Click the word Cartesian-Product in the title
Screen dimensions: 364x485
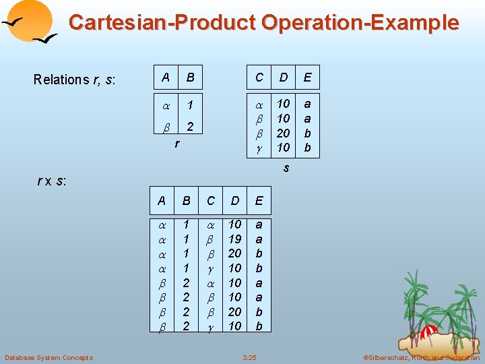pos(162,22)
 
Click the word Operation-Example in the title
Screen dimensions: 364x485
pos(360,22)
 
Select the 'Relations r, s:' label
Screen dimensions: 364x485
pos(75,80)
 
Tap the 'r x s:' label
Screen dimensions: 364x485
pos(51,181)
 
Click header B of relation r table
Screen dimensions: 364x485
pos(190,78)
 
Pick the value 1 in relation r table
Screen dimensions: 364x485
pos(191,105)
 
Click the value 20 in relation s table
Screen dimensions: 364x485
pos(283,133)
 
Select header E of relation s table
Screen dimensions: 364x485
pos(308,78)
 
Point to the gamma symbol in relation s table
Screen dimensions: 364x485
pos(259,148)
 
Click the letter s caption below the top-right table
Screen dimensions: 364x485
pos(286,167)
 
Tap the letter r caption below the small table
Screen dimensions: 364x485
pos(176,143)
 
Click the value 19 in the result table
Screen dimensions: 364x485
pos(234,239)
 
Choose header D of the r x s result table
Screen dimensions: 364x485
pos(234,201)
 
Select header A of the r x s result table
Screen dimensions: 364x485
pos(162,201)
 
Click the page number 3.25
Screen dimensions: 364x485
pos(250,357)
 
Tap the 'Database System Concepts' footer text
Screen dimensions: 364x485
pos(48,357)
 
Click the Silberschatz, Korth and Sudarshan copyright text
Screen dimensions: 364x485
pos(422,357)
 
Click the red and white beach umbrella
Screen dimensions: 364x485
pos(428,330)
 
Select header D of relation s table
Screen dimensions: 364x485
pos(283,78)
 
